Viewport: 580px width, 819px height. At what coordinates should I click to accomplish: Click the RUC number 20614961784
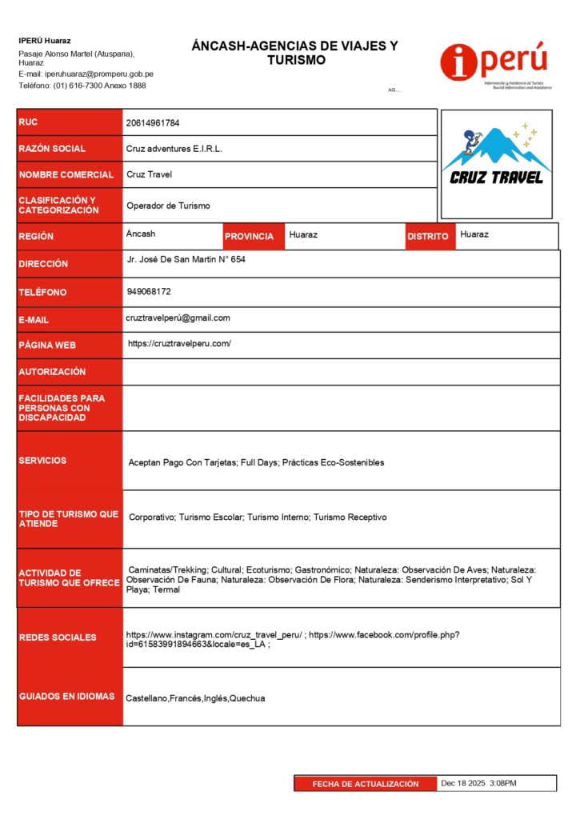click(x=153, y=123)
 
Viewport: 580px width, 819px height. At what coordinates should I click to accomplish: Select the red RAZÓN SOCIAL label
click(x=52, y=149)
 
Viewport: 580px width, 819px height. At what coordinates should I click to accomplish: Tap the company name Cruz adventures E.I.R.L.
click(x=174, y=149)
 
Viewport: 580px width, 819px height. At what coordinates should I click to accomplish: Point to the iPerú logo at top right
click(x=494, y=64)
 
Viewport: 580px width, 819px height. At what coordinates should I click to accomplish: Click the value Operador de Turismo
click(x=168, y=206)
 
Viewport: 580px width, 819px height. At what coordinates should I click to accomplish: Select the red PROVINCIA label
click(x=249, y=237)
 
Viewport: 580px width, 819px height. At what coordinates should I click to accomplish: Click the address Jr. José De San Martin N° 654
click(x=186, y=261)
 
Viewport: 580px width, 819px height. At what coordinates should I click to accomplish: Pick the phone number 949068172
click(x=149, y=291)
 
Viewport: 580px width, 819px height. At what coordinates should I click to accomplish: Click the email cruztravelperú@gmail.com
click(x=178, y=318)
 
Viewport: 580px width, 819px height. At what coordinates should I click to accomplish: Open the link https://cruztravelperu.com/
click(x=180, y=344)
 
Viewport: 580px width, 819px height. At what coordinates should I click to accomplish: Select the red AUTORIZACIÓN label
click(x=52, y=372)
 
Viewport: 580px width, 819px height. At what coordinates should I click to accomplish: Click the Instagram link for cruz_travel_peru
click(x=214, y=635)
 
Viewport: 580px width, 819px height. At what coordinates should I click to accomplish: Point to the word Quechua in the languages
click(x=247, y=698)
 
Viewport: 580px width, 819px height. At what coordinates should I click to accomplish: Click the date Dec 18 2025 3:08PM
click(x=478, y=783)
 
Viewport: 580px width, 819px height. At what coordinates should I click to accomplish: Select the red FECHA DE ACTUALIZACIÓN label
click(x=366, y=784)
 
